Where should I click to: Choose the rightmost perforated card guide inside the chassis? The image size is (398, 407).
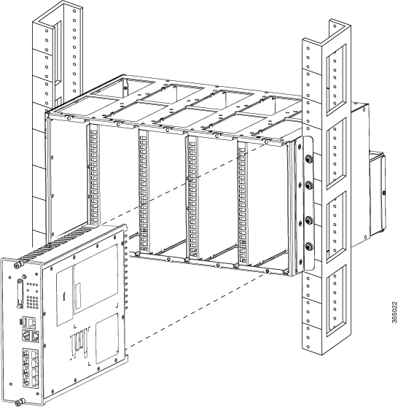[241, 197]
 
